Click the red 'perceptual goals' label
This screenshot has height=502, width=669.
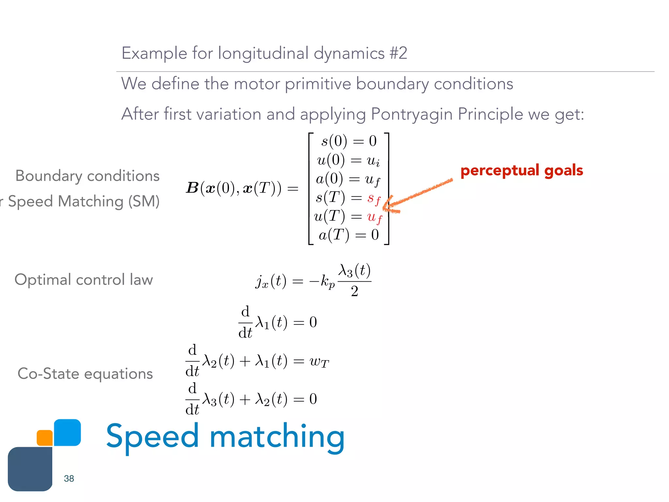521,171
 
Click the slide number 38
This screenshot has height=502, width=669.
69,478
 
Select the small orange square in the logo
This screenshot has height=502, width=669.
45,438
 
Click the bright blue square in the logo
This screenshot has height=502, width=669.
67,432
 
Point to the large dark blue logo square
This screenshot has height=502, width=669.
30,469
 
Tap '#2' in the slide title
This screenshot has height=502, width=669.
398,53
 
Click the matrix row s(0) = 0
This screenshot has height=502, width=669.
349,141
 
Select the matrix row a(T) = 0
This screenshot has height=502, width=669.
349,235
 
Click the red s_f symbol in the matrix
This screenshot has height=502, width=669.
374,198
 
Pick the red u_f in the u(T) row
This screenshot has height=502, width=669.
374,217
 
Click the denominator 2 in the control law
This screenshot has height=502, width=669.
354,291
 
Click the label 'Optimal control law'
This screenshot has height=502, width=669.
84,280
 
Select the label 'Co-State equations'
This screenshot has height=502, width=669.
85,374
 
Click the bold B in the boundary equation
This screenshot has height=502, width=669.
192,188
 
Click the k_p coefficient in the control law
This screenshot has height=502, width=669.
327,281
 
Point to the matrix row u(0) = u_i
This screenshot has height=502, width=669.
348,160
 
